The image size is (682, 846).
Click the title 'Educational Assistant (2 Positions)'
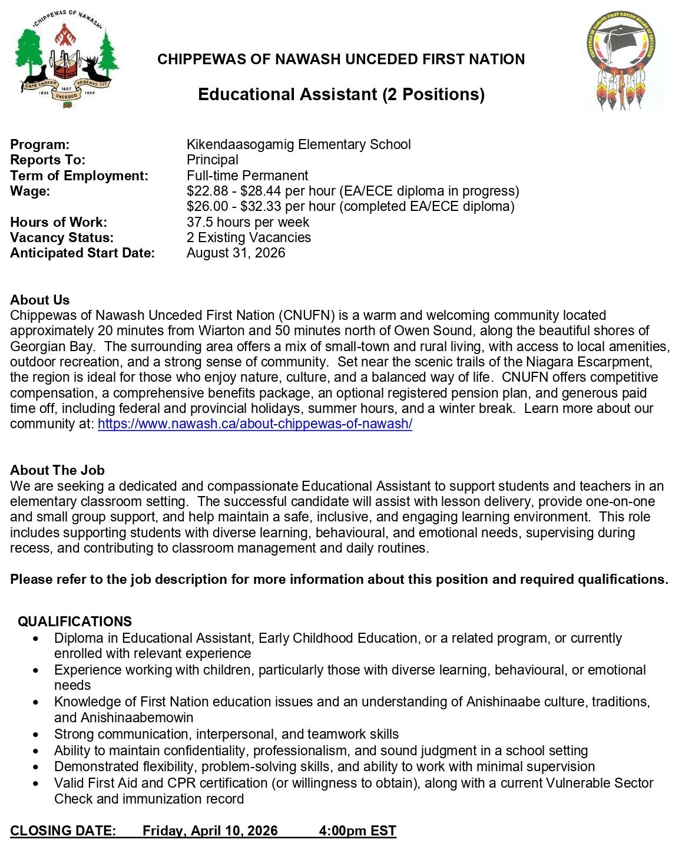341,94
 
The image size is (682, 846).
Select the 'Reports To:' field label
48,160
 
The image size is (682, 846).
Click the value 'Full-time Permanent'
247,176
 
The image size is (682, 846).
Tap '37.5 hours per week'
247,222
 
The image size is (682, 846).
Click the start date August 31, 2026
236,253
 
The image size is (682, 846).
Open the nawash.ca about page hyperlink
254,424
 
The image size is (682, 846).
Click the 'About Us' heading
39,300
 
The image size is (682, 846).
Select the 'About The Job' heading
57,470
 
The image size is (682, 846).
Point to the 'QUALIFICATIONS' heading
75,622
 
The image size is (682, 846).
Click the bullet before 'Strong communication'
37,735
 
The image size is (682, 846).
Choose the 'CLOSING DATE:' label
63,831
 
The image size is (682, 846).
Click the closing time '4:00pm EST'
357,831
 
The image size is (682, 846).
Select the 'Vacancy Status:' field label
62,237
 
